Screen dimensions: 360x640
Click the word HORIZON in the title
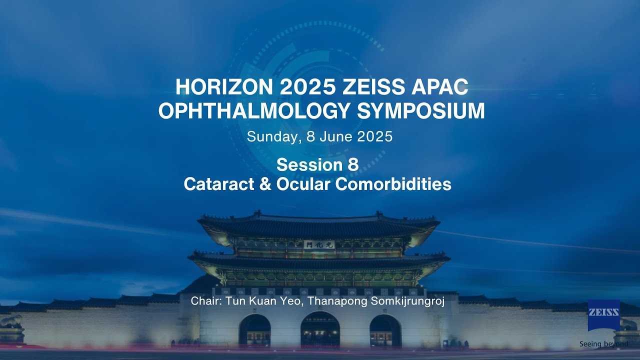click(223, 87)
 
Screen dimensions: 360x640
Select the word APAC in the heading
click(439, 87)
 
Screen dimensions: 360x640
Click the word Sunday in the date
click(272, 137)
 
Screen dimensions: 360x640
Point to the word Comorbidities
click(393, 184)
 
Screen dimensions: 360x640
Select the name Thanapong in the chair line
click(326, 301)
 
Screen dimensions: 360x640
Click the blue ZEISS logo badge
click(603, 315)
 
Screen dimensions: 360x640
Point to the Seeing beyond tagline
click(603, 344)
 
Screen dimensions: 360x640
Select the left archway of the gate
click(254, 331)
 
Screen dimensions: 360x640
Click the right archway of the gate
click(385, 331)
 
